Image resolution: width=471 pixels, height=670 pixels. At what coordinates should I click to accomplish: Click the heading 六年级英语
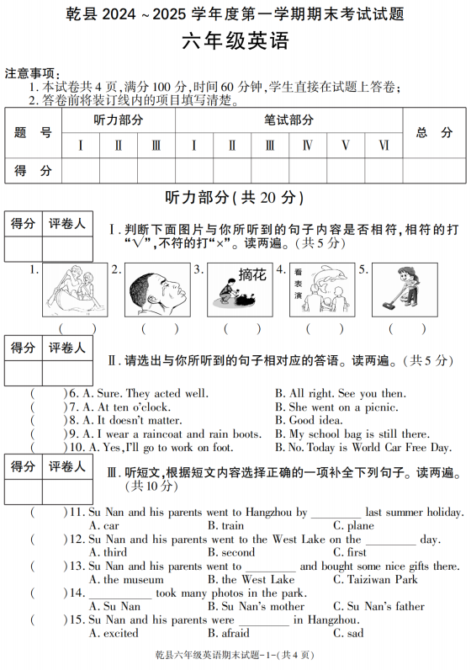click(235, 43)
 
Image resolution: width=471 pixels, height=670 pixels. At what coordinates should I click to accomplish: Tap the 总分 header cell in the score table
click(434, 132)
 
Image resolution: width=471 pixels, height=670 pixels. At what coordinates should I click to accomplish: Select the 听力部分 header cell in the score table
click(118, 120)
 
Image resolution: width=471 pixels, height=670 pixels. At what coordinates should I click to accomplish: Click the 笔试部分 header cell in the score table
click(288, 120)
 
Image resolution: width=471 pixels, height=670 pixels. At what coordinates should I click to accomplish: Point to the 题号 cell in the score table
click(34, 132)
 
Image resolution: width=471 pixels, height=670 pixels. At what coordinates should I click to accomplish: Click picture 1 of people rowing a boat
click(75, 290)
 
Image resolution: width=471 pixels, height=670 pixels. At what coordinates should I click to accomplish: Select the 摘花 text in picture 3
click(251, 274)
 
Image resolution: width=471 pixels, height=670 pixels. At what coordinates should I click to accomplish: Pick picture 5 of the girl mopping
click(405, 290)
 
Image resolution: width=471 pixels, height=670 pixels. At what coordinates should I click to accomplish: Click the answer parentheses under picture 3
click(241, 328)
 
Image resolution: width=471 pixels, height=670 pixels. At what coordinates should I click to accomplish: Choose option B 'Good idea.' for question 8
click(315, 420)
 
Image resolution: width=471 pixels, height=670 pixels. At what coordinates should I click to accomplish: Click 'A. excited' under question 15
click(114, 633)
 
